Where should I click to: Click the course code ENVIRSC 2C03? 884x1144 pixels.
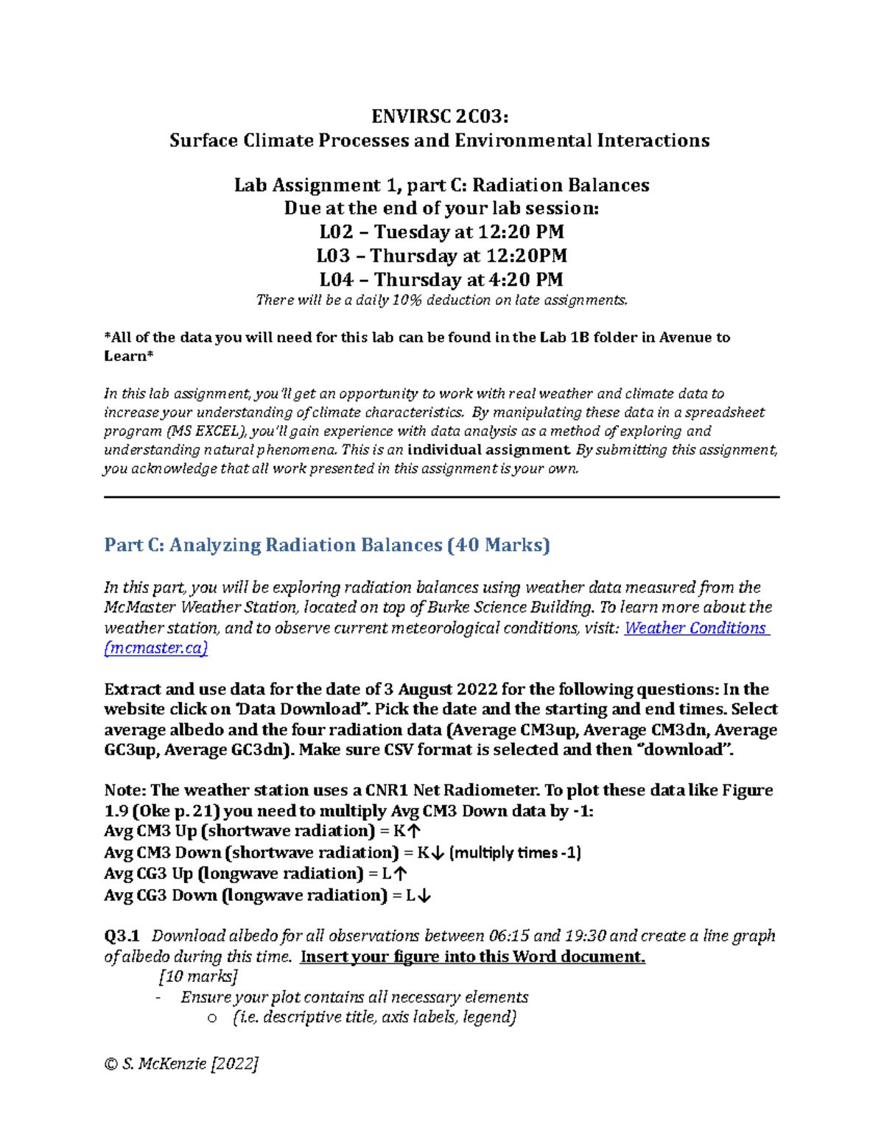pyautogui.click(x=440, y=117)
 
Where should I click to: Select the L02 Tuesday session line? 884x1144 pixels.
pyautogui.click(x=441, y=232)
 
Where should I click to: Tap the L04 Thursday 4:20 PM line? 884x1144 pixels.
pyautogui.click(x=441, y=280)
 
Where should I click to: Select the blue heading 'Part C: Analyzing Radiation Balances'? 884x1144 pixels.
pyautogui.click(x=327, y=545)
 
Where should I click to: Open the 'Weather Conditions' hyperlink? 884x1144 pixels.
pyautogui.click(x=695, y=628)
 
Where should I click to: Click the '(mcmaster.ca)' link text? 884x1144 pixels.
pyautogui.click(x=156, y=648)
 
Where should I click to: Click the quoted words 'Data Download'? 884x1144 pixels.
pyautogui.click(x=303, y=709)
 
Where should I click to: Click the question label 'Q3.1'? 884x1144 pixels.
pyautogui.click(x=122, y=936)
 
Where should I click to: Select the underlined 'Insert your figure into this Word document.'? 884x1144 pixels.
pyautogui.click(x=473, y=957)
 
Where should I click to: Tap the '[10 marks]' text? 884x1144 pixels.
pyautogui.click(x=198, y=977)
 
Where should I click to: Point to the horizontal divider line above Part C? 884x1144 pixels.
pyautogui.click(x=441, y=497)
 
